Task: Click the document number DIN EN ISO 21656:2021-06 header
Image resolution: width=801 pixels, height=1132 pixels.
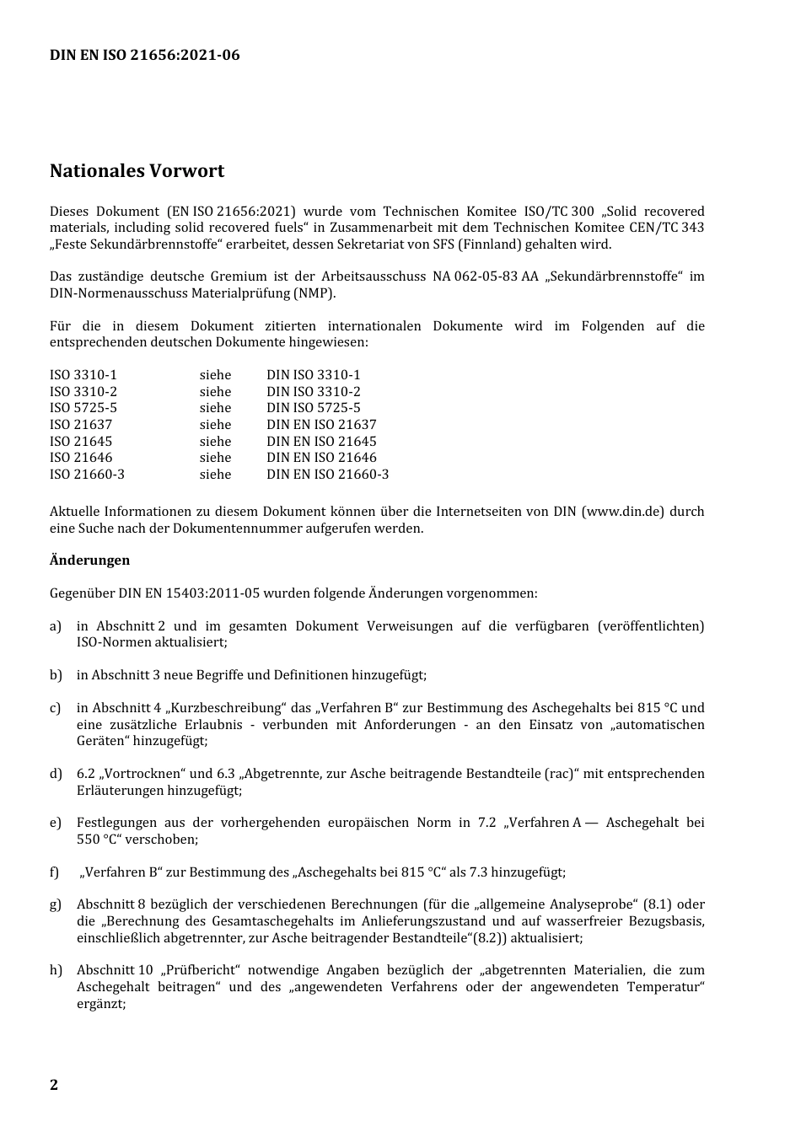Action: [144, 56]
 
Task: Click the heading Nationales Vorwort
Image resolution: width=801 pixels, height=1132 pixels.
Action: [137, 171]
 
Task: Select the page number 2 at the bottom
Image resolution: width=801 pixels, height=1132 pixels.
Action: [54, 1085]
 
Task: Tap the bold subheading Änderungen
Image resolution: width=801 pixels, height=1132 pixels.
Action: [89, 561]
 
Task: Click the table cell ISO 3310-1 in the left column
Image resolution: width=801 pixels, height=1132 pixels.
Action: [83, 375]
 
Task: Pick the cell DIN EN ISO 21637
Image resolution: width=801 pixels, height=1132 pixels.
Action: [321, 425]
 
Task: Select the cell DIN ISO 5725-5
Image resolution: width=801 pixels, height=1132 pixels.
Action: [313, 408]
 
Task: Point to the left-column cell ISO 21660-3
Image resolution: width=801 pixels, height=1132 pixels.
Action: [87, 475]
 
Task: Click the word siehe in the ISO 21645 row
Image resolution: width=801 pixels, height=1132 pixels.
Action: [215, 442]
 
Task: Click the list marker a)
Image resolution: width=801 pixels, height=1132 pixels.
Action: [56, 626]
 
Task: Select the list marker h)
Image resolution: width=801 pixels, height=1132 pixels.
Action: [56, 970]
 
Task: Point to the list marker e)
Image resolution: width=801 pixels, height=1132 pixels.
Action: [56, 823]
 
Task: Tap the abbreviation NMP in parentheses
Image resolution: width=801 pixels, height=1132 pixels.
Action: [314, 293]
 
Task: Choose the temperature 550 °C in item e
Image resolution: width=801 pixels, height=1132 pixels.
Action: [99, 840]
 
